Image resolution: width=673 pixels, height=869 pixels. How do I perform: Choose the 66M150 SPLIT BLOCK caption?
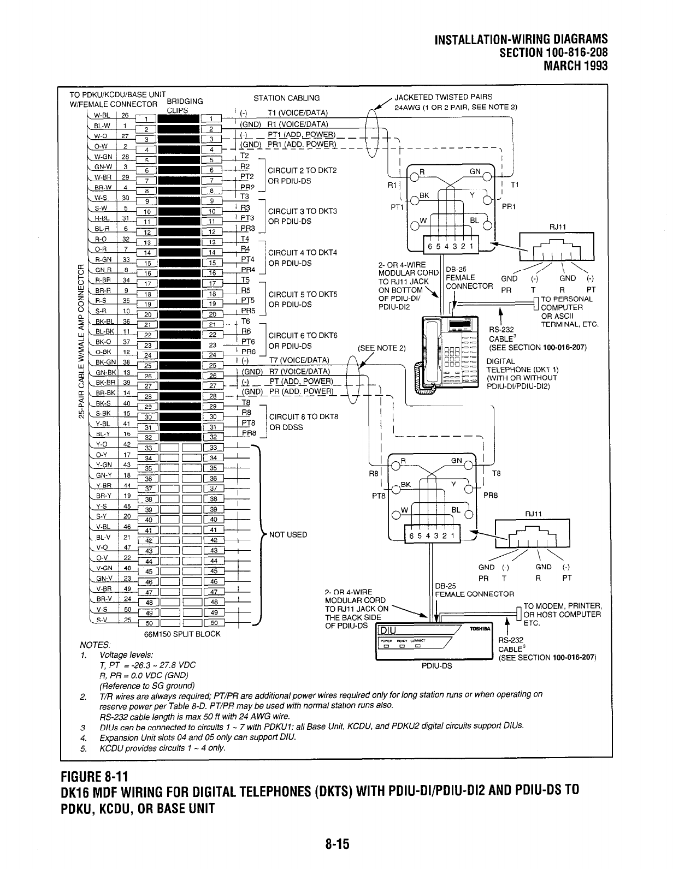coord(182,634)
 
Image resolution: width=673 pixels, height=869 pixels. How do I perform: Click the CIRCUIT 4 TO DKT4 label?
coord(303,253)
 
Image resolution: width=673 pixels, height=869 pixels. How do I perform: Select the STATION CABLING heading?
coord(287,98)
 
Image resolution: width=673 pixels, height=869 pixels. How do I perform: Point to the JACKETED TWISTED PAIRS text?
coord(443,97)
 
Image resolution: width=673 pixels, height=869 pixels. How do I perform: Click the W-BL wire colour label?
coord(100,115)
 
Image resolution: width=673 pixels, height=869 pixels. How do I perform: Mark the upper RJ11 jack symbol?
coord(556,249)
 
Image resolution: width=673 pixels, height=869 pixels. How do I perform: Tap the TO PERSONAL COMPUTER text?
coord(566,303)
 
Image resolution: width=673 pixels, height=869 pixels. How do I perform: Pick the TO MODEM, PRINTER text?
coord(562,606)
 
